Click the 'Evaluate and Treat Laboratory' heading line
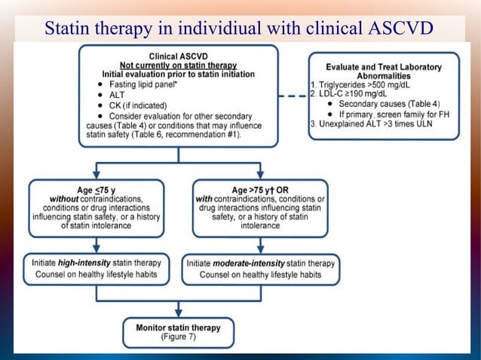coord(384,67)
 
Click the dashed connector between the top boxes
coord(293,96)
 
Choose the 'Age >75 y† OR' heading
coord(259,188)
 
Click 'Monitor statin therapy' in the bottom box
coord(177,328)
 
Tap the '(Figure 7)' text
coord(177,337)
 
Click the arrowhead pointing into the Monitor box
coord(178,312)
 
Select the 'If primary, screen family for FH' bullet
coord(387,114)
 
